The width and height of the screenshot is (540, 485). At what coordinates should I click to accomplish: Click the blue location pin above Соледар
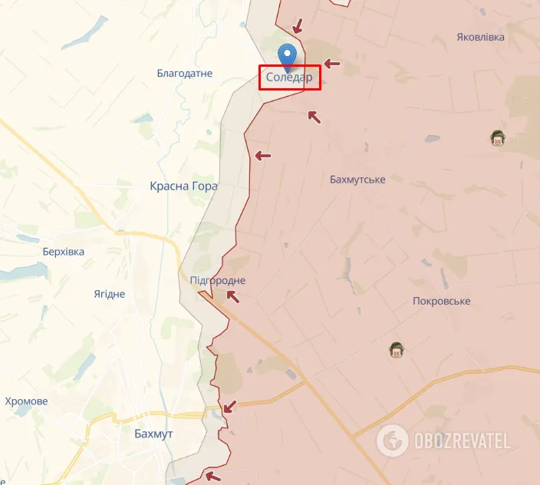288,54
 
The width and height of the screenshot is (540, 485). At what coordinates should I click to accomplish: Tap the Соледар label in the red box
289,78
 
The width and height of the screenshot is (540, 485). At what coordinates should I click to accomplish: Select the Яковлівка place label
480,37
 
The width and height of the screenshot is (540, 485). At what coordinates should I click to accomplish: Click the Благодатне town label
184,74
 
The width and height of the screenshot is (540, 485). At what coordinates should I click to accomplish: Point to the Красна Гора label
184,186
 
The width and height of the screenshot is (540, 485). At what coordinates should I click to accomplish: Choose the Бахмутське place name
357,179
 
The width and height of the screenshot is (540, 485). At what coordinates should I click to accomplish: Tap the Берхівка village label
64,252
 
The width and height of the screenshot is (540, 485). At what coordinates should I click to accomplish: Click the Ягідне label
109,295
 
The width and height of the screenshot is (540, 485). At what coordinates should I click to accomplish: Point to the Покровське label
441,302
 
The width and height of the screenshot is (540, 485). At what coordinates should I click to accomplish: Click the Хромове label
26,401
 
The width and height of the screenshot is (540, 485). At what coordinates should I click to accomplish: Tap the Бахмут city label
153,434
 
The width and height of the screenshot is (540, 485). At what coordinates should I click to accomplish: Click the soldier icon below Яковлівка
498,138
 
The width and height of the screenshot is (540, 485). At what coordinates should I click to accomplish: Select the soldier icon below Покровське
397,350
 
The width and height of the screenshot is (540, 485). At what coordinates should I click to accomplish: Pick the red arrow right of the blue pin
331,64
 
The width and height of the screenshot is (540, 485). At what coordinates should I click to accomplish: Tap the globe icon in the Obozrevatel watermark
393,440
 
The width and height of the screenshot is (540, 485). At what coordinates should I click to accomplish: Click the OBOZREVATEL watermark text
463,440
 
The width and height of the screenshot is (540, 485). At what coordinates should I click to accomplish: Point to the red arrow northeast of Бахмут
229,406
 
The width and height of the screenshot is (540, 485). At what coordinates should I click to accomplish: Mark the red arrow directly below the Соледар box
313,116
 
